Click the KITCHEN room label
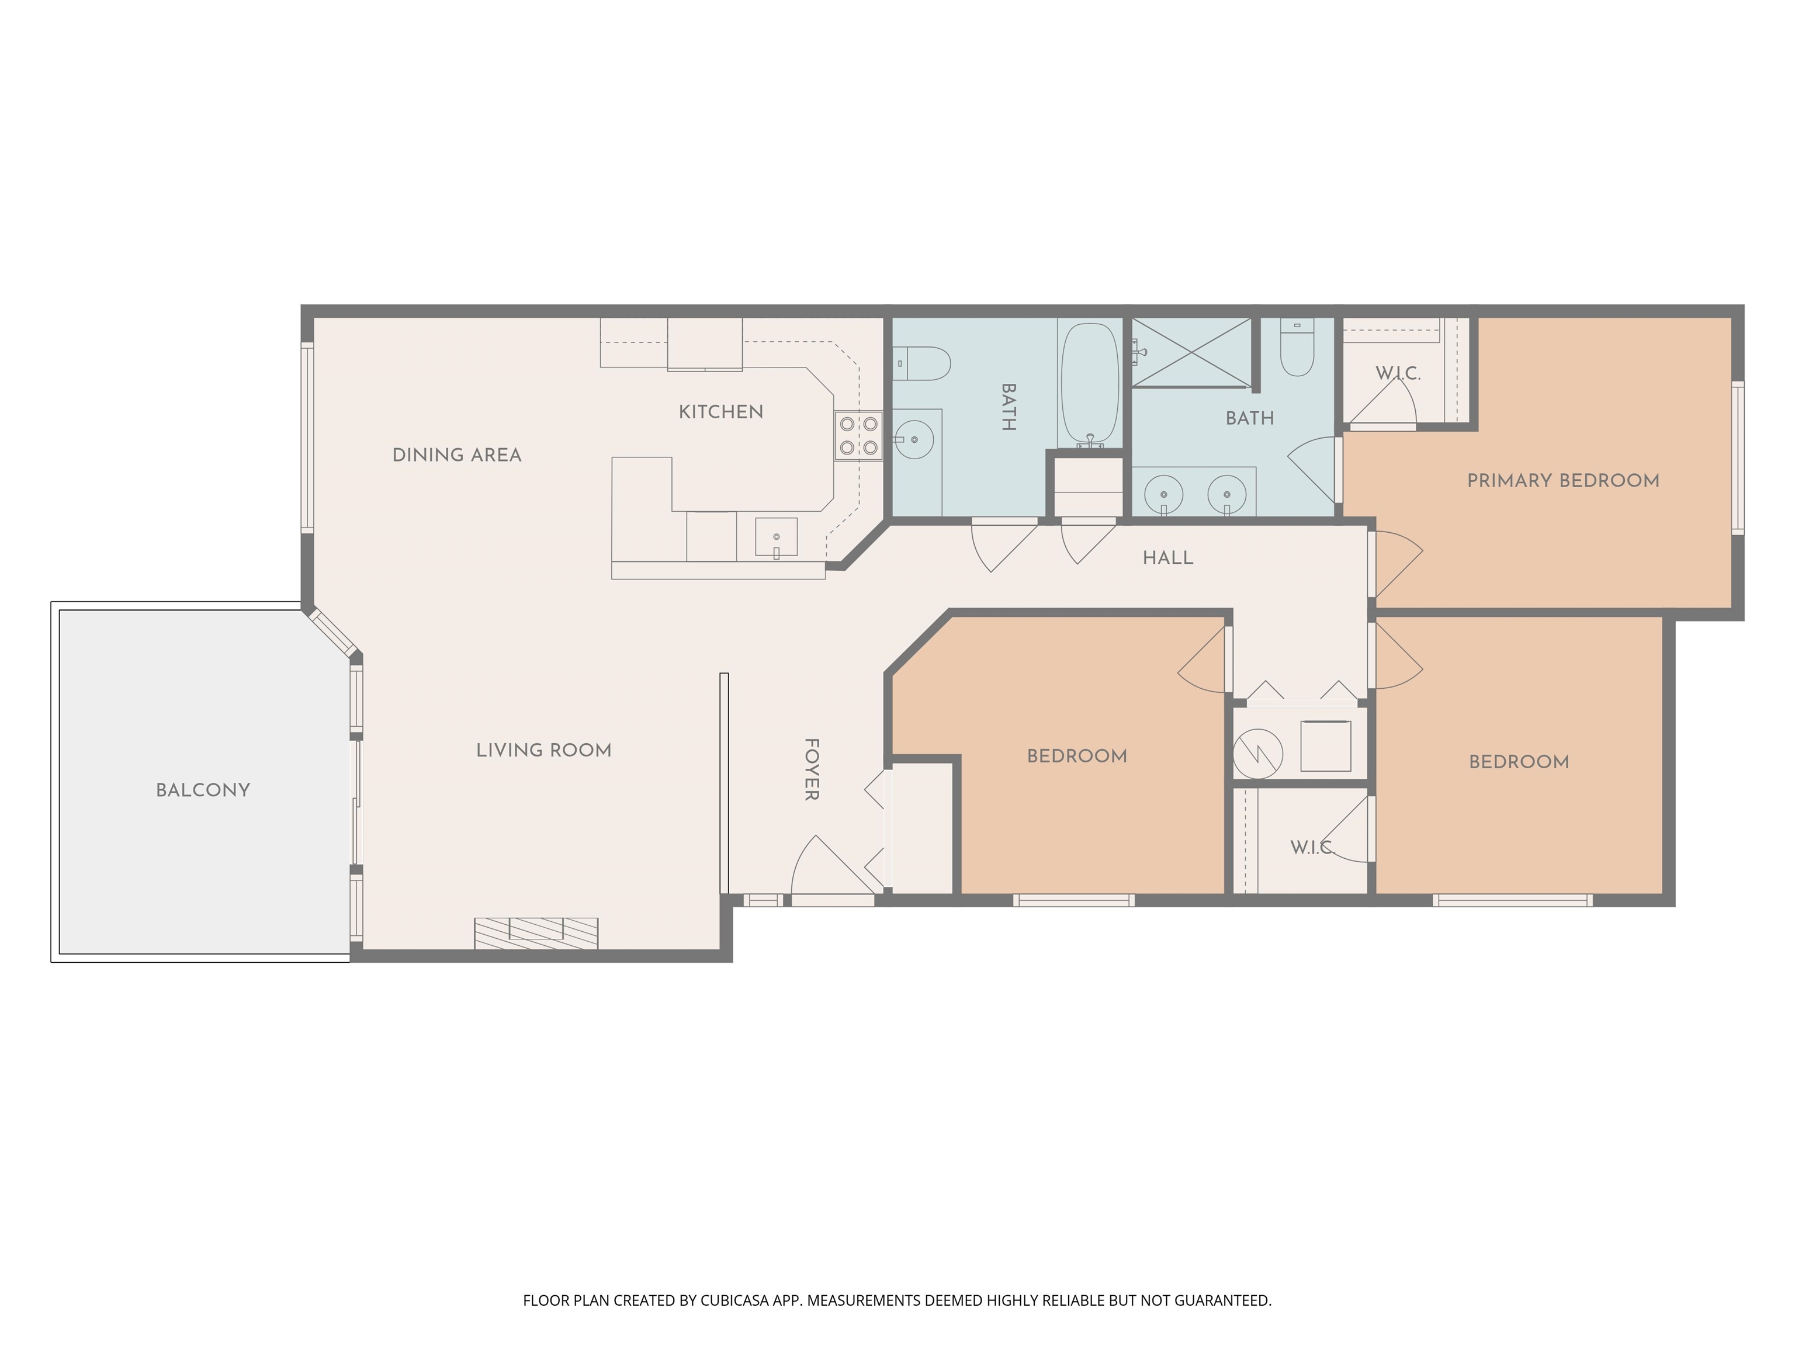720,412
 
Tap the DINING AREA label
457,455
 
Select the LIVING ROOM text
543,751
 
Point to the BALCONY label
203,790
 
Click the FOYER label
810,769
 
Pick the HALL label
1167,558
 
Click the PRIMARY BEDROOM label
1563,480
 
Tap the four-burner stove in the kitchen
858,436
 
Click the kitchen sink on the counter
776,537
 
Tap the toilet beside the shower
1297,349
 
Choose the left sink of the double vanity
1164,493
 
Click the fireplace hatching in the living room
536,932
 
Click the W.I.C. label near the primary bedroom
1397,374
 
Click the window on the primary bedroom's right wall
1737,459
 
